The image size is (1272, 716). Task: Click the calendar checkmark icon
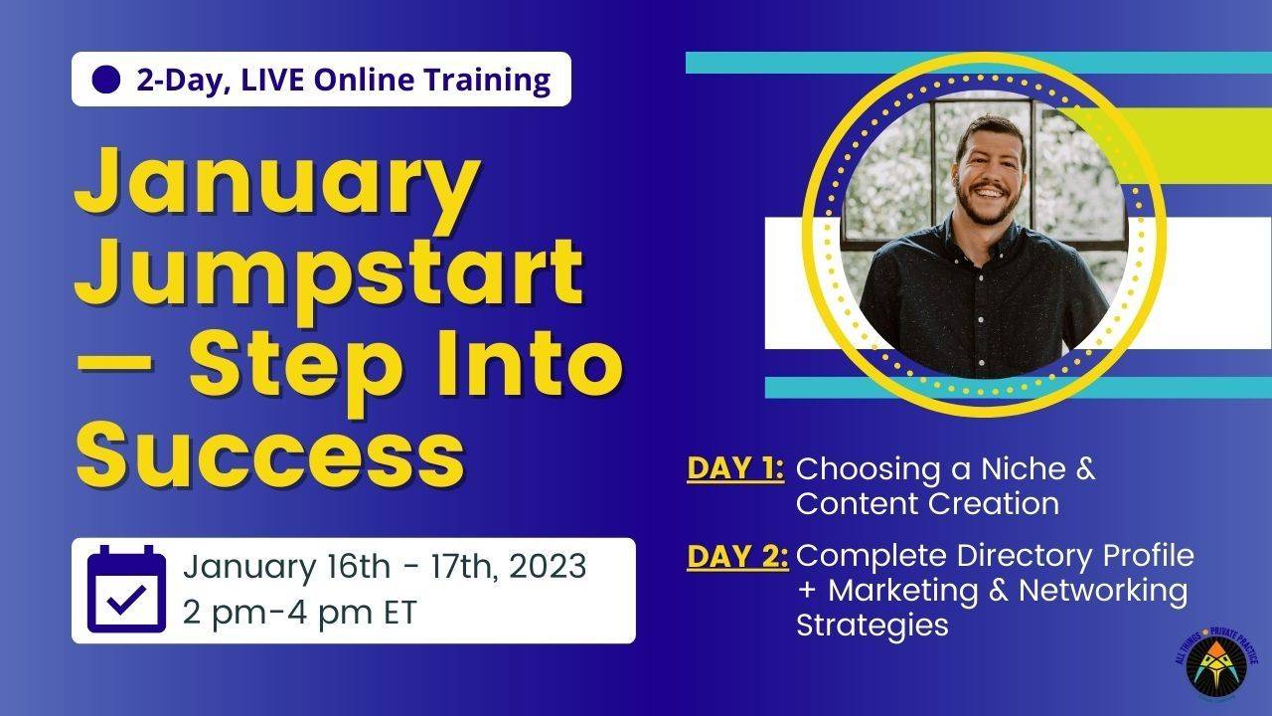pos(126,590)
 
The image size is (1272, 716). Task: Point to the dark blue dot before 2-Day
pos(105,80)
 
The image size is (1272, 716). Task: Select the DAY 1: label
pos(735,468)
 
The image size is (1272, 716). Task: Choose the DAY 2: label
pos(736,556)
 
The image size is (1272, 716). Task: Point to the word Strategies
pos(872,626)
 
